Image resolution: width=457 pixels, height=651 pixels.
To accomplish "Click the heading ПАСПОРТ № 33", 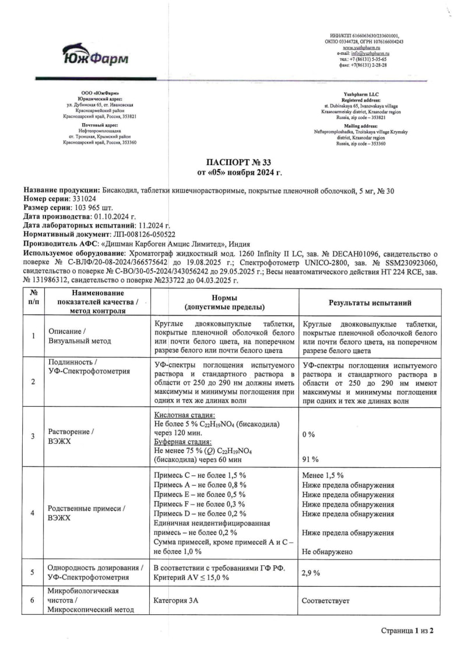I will click(x=239, y=162).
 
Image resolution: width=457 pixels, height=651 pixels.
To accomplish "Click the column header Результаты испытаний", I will click(x=370, y=303).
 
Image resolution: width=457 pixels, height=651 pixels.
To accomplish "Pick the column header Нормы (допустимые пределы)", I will click(x=224, y=302).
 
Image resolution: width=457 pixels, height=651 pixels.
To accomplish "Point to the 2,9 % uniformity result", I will click(x=311, y=573).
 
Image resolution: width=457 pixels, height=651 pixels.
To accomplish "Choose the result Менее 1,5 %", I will click(x=322, y=475).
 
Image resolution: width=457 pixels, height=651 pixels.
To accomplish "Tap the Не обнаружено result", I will click(x=327, y=551).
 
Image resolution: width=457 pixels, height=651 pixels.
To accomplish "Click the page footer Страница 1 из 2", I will click(x=407, y=631).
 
